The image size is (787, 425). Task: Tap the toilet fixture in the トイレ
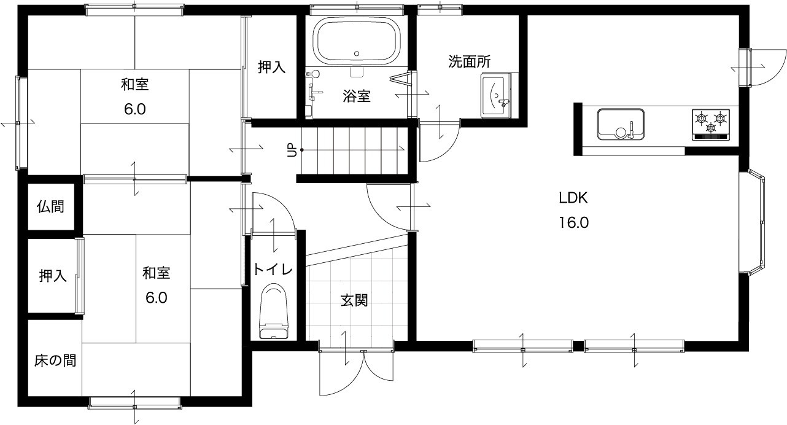tap(274, 311)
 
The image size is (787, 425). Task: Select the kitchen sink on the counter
tap(621, 124)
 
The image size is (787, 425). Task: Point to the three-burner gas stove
tap(711, 125)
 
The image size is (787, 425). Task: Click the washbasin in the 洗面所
tap(496, 96)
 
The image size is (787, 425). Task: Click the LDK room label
tap(573, 198)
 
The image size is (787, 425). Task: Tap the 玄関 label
tap(354, 300)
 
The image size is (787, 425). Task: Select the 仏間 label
tap(50, 206)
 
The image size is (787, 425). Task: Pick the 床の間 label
tap(55, 361)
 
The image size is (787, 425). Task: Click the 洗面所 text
tap(470, 61)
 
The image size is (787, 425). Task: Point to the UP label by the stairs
tap(292, 150)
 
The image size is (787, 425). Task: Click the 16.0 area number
tap(574, 222)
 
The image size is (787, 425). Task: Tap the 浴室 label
tap(357, 96)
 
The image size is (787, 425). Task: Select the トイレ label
tap(273, 270)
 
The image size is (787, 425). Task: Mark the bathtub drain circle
tap(357, 54)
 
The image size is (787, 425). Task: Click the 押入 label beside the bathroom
tap(272, 67)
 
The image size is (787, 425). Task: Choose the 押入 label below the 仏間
tap(53, 276)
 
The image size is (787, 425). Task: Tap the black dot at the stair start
tap(301, 150)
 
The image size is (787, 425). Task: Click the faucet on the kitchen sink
tap(630, 130)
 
